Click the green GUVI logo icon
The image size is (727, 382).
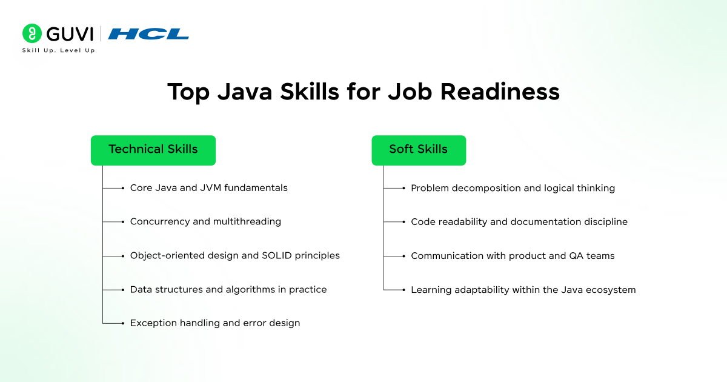(32, 33)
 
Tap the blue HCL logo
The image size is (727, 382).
(148, 34)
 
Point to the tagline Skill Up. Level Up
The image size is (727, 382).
(59, 50)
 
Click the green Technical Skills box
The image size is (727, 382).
(153, 150)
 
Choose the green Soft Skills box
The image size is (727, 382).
(418, 150)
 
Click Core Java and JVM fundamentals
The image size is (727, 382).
(208, 188)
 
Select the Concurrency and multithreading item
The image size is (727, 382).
(205, 222)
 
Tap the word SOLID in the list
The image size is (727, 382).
(275, 256)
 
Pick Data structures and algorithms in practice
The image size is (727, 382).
(228, 290)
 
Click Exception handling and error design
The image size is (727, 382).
(214, 323)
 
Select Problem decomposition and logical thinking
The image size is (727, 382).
(513, 188)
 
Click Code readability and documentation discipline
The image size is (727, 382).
(519, 222)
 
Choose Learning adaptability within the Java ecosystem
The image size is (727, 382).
(523, 290)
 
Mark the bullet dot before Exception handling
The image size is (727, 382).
(123, 323)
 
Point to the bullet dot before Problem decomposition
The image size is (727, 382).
(403, 188)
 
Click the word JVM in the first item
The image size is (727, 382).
(211, 188)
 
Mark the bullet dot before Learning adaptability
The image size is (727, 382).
(403, 290)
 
